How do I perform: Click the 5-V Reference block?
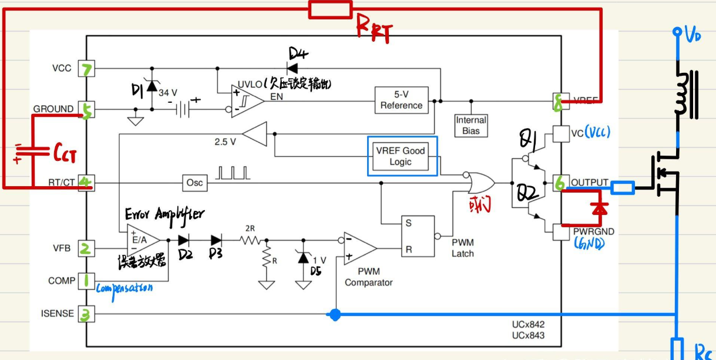(x=401, y=100)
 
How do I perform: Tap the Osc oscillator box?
(x=194, y=183)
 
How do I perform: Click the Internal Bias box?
(x=471, y=125)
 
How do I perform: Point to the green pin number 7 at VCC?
(x=87, y=70)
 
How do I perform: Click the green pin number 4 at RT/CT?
(x=86, y=183)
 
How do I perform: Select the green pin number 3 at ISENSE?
(x=86, y=315)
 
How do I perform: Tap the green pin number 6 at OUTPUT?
(x=559, y=183)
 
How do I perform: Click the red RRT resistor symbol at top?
(x=331, y=9)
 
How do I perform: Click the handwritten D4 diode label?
(x=299, y=55)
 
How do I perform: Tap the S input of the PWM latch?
(x=408, y=223)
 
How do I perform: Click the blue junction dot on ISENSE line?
(x=335, y=315)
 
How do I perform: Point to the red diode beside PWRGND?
(x=599, y=208)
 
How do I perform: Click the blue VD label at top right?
(x=693, y=36)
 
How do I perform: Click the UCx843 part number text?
(x=527, y=335)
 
